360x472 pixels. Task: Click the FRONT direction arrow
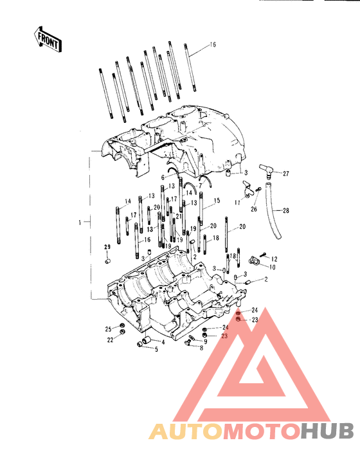tap(48, 39)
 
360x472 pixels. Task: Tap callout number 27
tap(285, 174)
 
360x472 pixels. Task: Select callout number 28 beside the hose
tap(285, 210)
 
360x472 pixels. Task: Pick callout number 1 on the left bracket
tap(80, 222)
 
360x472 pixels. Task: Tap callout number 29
tap(107, 247)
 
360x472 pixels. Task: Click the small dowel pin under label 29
tap(107, 260)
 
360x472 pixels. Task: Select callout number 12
tap(274, 259)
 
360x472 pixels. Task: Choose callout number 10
tap(272, 268)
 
